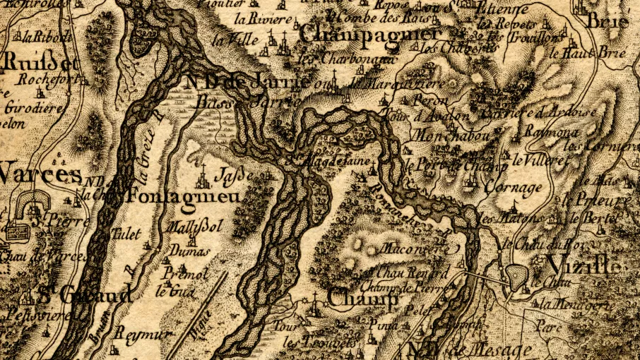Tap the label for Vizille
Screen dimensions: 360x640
(x=583, y=267)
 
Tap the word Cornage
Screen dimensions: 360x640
(x=514, y=188)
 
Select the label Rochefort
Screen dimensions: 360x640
(x=42, y=80)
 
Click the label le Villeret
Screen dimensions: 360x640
(x=540, y=160)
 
